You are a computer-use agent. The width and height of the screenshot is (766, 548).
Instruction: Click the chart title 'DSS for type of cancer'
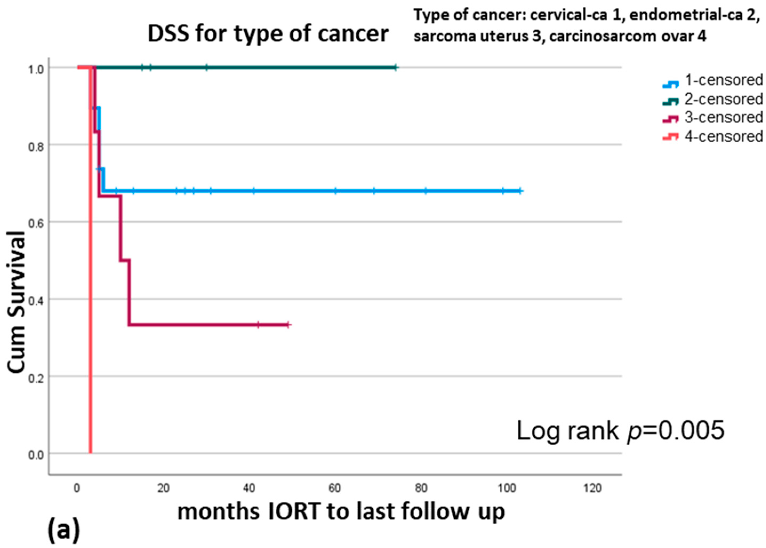(268, 34)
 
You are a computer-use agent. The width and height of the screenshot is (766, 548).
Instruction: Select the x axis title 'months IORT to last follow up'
(341, 512)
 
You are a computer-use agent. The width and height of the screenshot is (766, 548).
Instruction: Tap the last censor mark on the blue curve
(520, 191)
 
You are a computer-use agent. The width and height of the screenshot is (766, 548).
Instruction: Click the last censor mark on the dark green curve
(396, 68)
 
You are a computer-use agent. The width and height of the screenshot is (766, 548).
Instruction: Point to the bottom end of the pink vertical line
(90, 453)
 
